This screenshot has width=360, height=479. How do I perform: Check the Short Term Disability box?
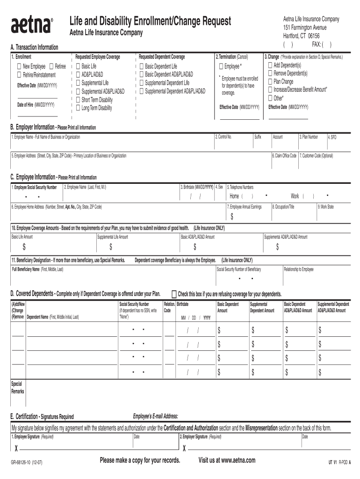pyautogui.click(x=78, y=100)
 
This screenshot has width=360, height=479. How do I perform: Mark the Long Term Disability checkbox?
pyautogui.click(x=78, y=108)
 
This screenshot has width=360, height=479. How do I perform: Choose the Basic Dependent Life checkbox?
pyautogui.click(x=141, y=66)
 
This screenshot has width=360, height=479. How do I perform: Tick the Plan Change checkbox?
pyautogui.click(x=270, y=81)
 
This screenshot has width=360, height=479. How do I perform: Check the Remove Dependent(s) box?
pyautogui.click(x=270, y=73)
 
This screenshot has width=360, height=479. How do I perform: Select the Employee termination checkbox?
pyautogui.click(x=221, y=66)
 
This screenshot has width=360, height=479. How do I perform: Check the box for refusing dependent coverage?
pyautogui.click(x=174, y=294)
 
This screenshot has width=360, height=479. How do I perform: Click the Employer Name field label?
pyautogui.click(x=47, y=137)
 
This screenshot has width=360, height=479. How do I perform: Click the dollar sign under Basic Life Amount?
pyautogui.click(x=24, y=247)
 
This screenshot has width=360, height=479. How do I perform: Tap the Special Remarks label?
pyautogui.click(x=17, y=387)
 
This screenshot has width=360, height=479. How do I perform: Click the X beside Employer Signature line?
pyautogui.click(x=184, y=448)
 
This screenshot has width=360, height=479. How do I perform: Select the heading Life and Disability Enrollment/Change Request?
pyautogui.click(x=150, y=21)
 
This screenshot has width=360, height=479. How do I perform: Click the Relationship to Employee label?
pyautogui.click(x=298, y=269)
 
